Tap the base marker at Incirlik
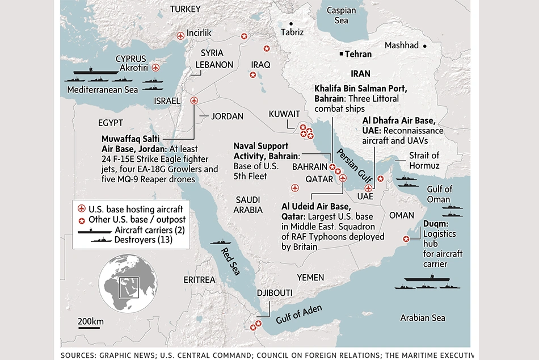coord(180,36)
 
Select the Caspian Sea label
coord(341,15)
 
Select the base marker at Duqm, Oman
coord(406,239)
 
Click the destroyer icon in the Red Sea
coord(221,242)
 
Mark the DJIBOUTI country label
coord(275,293)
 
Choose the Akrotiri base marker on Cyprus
coord(156,67)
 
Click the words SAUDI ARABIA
coord(247,204)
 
